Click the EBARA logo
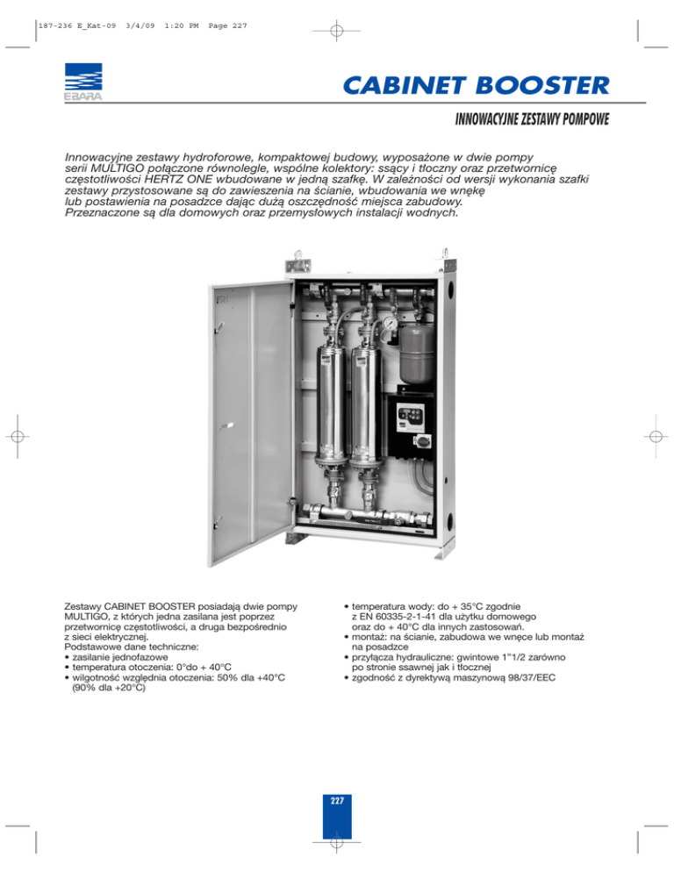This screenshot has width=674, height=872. (x=80, y=81)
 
